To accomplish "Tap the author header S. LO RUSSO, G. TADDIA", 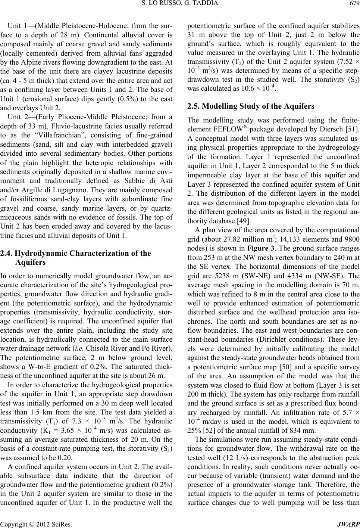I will click(179, 4).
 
